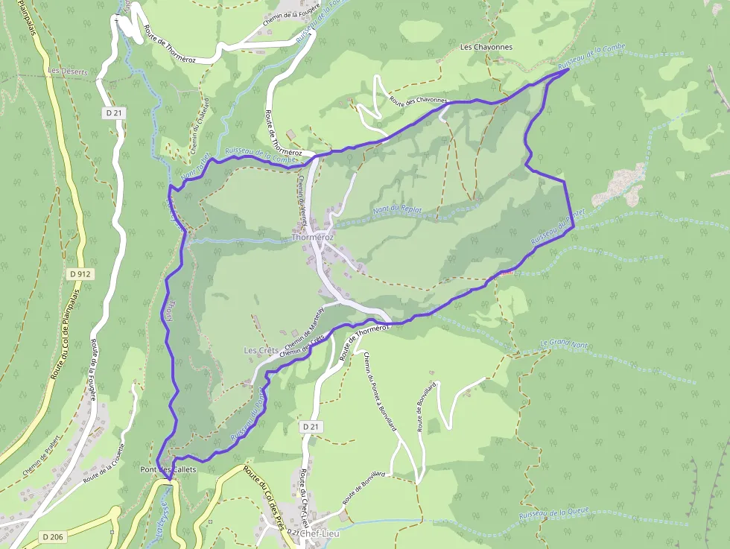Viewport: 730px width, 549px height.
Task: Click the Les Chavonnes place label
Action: click(486, 47)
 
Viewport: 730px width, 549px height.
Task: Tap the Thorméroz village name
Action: click(312, 238)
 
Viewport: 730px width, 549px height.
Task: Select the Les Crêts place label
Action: click(261, 350)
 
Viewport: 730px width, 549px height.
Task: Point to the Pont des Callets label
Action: click(168, 470)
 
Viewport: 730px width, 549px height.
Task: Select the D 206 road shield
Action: click(53, 536)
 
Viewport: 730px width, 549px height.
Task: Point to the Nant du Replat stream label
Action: click(398, 211)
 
